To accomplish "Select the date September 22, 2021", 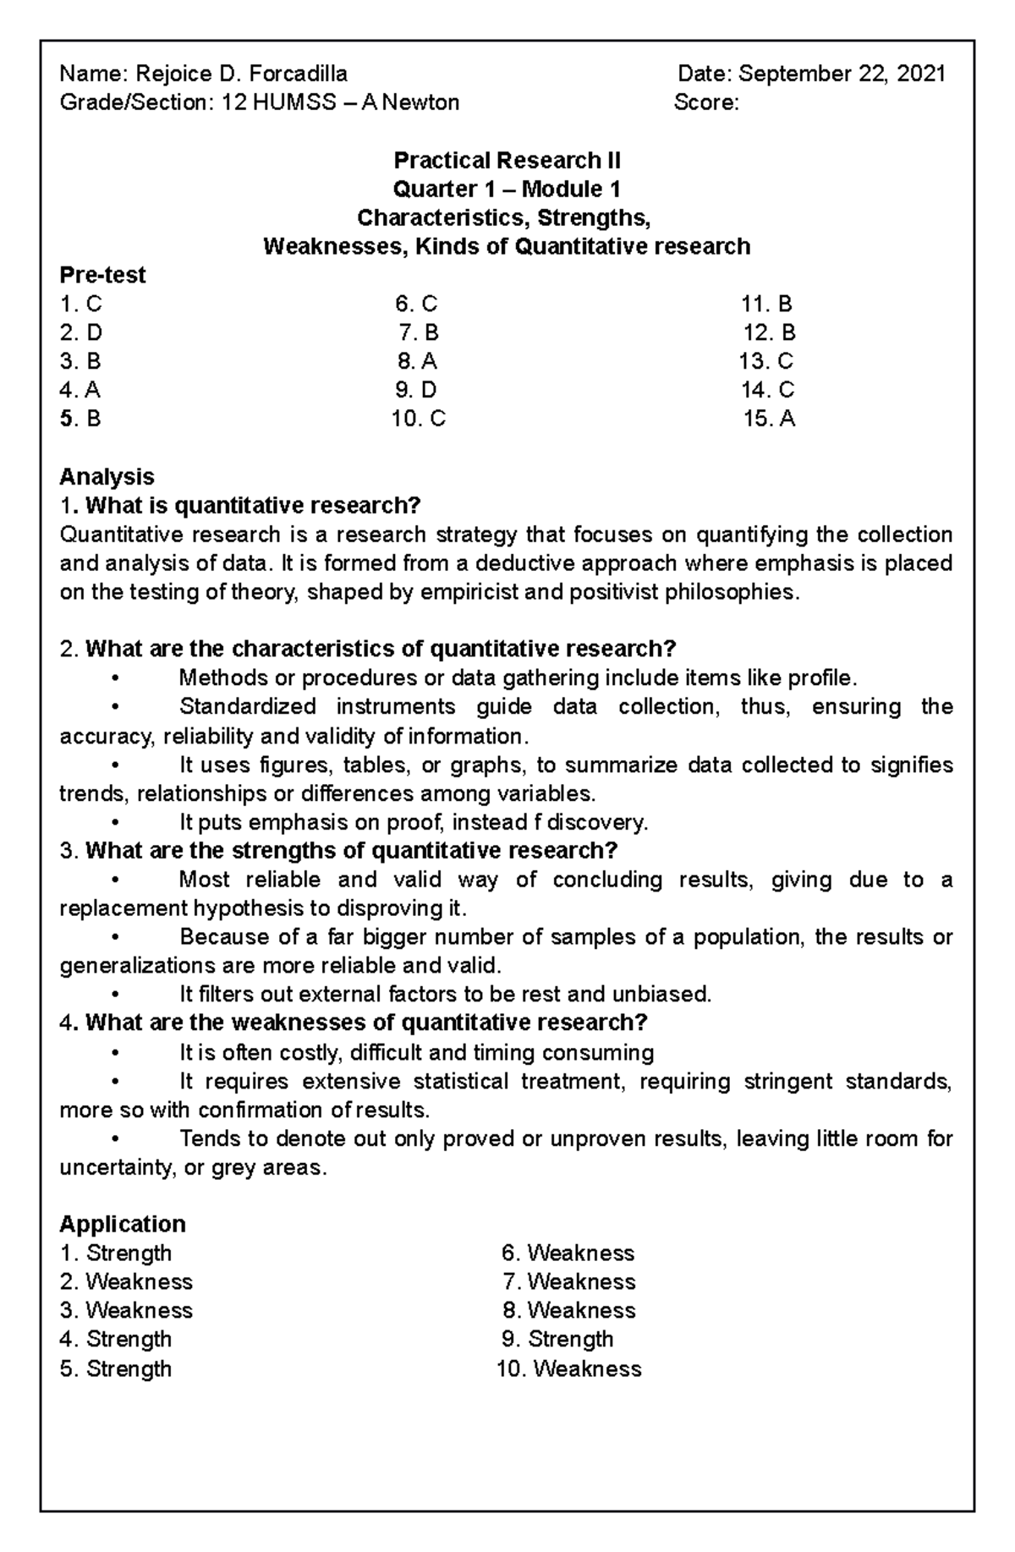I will [x=842, y=74].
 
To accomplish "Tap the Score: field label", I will [x=706, y=103].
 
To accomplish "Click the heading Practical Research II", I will [x=507, y=160].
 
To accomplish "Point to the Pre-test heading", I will [x=102, y=275].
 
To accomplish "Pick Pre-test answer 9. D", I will [x=416, y=390].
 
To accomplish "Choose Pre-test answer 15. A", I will [x=769, y=419].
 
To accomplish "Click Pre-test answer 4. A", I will [x=80, y=390].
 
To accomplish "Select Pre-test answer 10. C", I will [x=418, y=419].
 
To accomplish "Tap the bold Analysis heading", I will [x=107, y=476].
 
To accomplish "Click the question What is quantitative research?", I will [x=253, y=506].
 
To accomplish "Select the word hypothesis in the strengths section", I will [x=249, y=908].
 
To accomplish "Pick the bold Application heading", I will [x=123, y=1224].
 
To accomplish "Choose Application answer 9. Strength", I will [x=557, y=1339].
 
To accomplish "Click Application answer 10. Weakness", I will [x=568, y=1368].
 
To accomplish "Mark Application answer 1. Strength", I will [x=116, y=1253].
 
